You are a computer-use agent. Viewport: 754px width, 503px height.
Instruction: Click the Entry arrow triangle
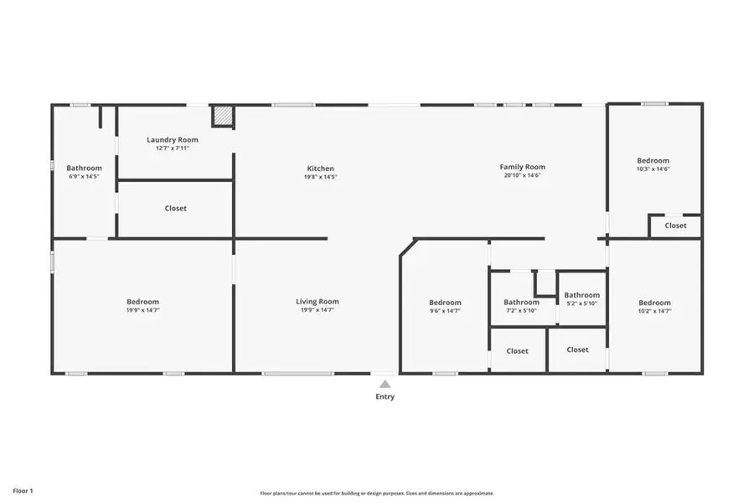385,383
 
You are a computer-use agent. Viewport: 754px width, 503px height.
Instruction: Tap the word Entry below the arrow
385,397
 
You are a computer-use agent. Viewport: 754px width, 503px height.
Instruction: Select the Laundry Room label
173,139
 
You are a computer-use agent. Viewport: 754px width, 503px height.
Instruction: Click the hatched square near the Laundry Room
222,117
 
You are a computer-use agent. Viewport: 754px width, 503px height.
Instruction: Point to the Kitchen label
320,169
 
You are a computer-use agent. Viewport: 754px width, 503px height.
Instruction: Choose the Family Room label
523,167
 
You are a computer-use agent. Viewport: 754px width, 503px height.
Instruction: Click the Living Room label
317,302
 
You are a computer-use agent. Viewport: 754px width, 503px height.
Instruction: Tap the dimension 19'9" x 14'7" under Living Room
317,310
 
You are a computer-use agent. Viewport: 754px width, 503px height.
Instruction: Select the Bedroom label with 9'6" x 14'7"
445,303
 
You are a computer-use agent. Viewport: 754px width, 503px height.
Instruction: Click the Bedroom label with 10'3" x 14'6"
653,160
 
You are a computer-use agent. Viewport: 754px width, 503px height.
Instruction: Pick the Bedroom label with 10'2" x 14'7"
654,303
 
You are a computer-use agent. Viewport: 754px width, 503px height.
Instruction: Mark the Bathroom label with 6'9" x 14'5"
84,168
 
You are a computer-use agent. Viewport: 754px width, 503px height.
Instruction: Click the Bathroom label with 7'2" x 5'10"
521,303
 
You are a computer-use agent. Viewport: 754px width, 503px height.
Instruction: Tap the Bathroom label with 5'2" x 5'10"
581,295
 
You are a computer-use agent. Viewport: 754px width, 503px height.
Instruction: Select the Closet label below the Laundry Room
176,208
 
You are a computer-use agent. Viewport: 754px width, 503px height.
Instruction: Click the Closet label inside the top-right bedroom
675,226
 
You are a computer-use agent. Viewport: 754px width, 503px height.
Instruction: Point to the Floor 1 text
23,490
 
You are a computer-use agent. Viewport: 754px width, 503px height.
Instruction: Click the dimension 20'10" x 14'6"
523,176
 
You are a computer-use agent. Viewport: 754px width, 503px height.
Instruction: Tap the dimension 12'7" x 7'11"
173,148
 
